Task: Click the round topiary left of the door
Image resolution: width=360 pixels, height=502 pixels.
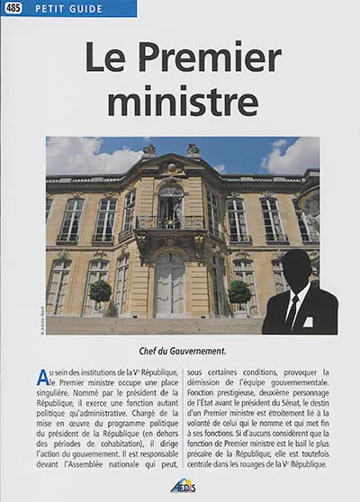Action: click(x=101, y=291)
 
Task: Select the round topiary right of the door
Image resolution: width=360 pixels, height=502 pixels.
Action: click(x=238, y=291)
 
